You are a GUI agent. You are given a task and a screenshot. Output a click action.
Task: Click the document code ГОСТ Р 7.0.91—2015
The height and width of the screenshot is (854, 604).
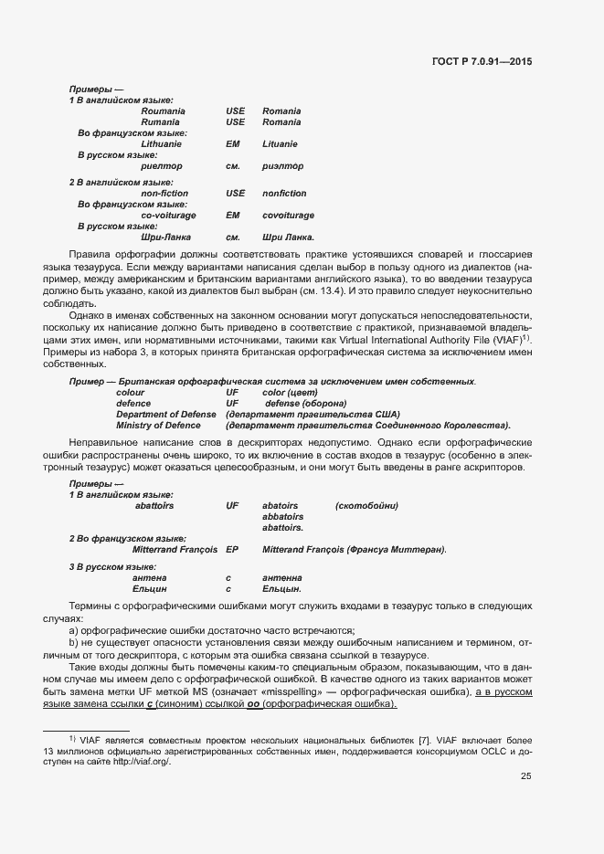pyautogui.click(x=482, y=61)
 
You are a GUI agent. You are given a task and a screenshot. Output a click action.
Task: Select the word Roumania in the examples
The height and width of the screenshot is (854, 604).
pyautogui.click(x=164, y=111)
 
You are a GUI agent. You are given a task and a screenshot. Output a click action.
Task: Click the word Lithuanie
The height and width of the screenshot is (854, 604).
pyautogui.click(x=162, y=144)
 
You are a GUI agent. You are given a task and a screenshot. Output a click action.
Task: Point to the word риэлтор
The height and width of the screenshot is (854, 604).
pyautogui.click(x=282, y=166)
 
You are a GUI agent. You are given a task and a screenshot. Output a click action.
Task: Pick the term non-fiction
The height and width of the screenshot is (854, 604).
pyautogui.click(x=164, y=194)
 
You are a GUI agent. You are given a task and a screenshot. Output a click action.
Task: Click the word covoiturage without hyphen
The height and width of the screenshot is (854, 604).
pyautogui.click(x=288, y=216)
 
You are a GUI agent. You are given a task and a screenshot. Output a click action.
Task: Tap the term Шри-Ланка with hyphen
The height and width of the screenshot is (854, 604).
pyautogui.click(x=165, y=237)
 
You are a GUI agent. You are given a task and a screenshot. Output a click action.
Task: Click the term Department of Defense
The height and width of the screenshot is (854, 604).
pyautogui.click(x=166, y=414)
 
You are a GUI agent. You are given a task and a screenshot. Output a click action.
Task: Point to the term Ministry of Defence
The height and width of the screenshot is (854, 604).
pyautogui.click(x=158, y=425)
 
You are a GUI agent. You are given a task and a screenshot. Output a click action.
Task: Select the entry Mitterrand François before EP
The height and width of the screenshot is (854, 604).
pyautogui.click(x=175, y=550)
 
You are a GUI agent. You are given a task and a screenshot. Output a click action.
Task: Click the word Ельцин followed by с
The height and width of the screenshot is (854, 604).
pyautogui.click(x=149, y=589)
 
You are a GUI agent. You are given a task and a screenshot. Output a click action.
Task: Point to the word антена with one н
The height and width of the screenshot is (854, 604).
pyautogui.click(x=149, y=578)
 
